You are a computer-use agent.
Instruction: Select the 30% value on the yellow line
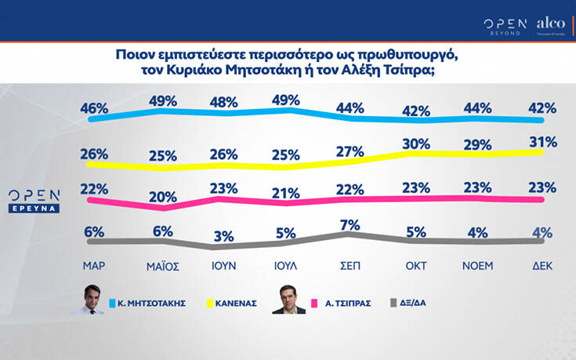(x=415, y=145)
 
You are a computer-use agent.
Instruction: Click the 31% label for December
(x=543, y=142)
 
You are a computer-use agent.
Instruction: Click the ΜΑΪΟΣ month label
(x=162, y=266)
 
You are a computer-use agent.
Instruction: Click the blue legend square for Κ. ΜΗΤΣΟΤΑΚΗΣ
(x=114, y=301)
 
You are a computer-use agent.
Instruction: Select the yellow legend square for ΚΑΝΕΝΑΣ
(x=209, y=301)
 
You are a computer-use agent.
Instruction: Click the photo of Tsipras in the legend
(x=289, y=300)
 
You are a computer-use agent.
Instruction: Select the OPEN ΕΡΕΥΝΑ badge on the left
(x=34, y=200)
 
